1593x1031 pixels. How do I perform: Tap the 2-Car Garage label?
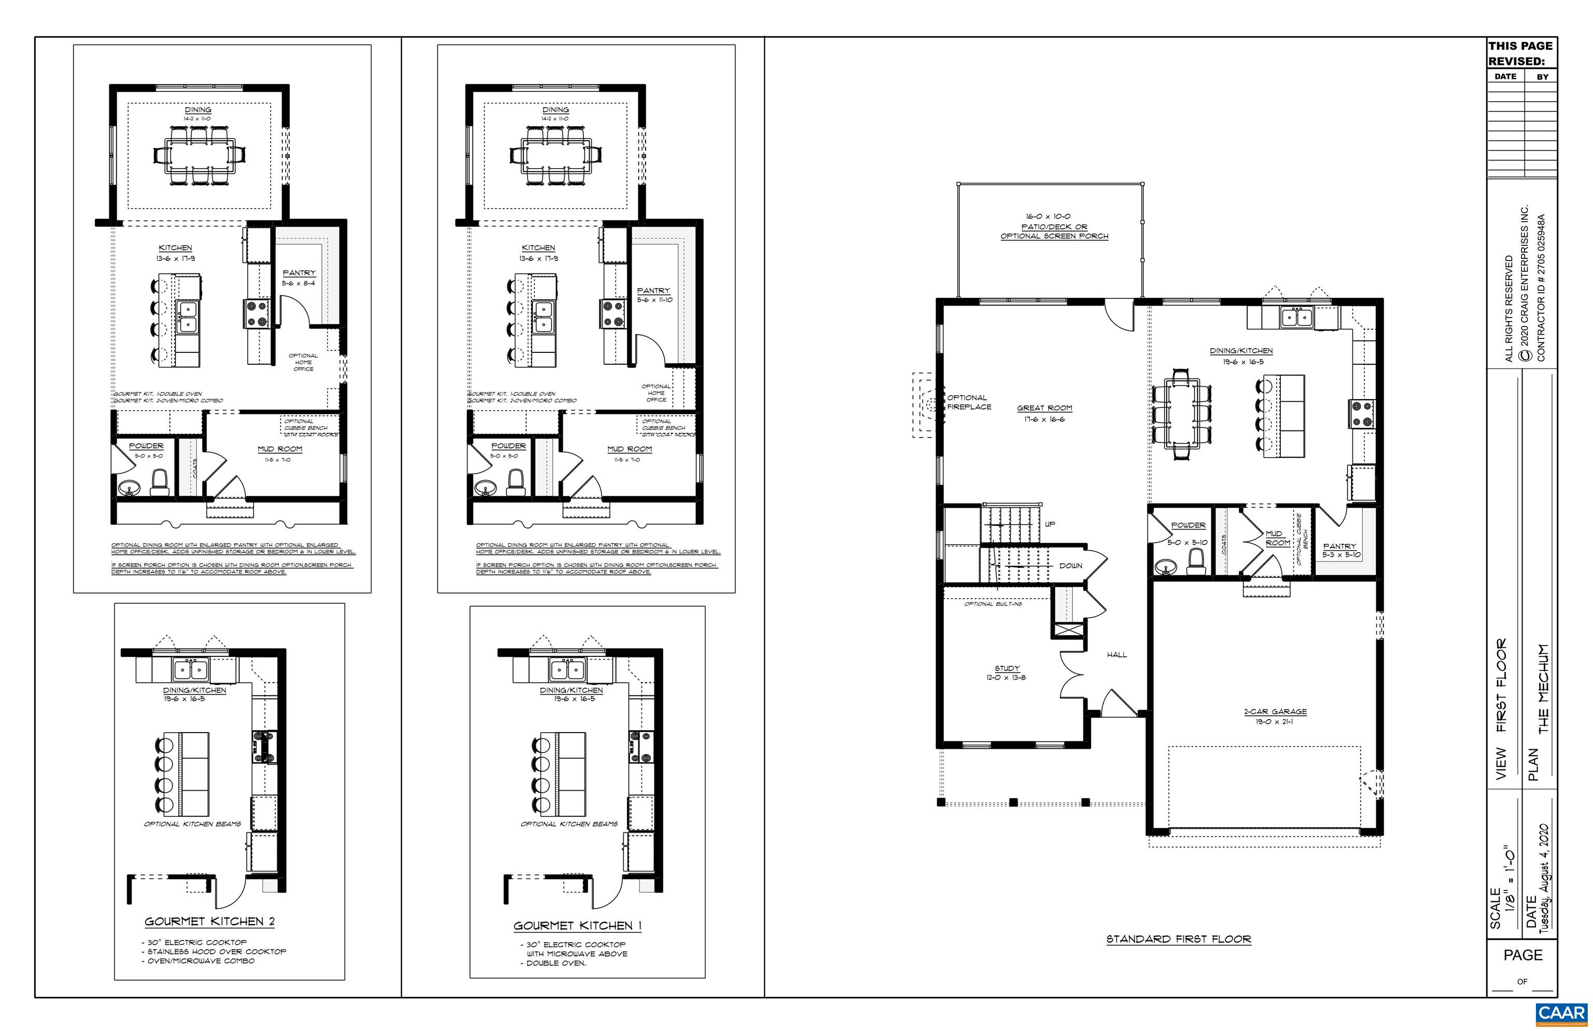(1275, 712)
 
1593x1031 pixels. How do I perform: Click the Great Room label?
(1044, 408)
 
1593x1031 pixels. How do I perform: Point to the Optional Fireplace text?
(968, 402)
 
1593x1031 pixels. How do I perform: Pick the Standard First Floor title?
(1178, 939)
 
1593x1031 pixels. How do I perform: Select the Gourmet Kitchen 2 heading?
(209, 921)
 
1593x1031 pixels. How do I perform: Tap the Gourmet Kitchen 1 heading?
(577, 925)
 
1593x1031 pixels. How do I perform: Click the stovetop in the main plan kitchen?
(1361, 413)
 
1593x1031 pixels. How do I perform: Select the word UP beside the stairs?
(1050, 524)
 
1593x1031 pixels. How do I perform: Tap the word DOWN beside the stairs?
(1070, 566)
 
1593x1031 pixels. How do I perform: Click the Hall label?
(1116, 655)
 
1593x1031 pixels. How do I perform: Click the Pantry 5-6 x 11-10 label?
(654, 295)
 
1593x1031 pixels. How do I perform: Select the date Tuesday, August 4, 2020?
(1544, 879)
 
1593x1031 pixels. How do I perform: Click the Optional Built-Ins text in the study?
(993, 604)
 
